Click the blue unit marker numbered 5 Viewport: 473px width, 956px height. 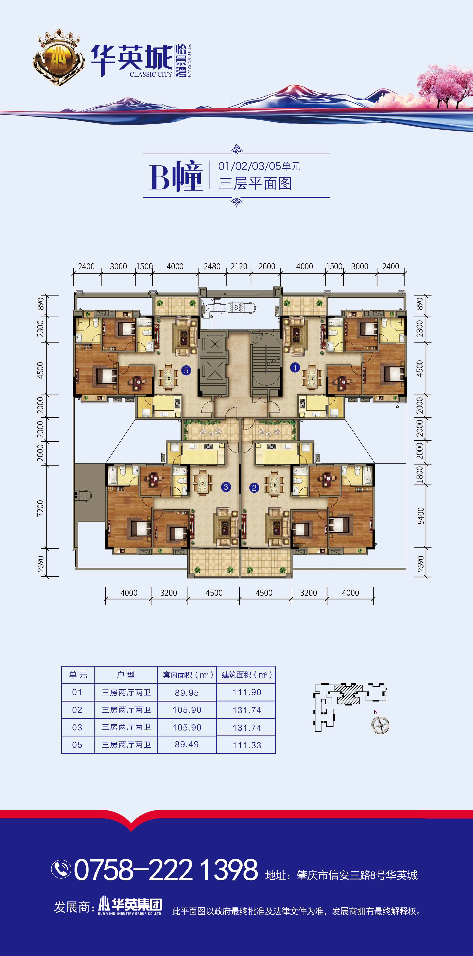click(x=186, y=370)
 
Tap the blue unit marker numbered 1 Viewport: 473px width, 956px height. click(x=295, y=367)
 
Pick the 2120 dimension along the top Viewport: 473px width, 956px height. click(x=239, y=267)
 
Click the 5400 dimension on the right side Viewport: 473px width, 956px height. click(x=420, y=516)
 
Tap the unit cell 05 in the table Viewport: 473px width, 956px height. click(x=77, y=745)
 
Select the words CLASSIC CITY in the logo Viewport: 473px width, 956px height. click(x=151, y=74)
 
